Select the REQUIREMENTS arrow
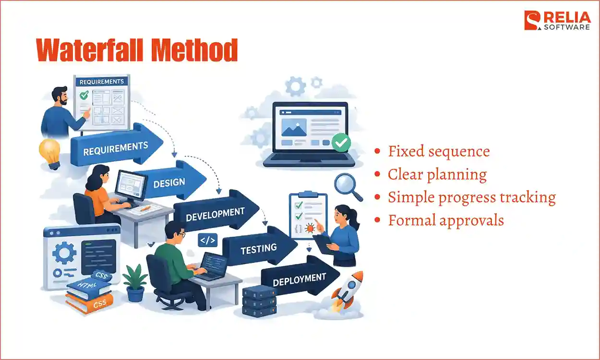(x=115, y=147)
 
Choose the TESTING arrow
(x=259, y=248)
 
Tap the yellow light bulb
(x=49, y=152)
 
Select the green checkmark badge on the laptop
(x=341, y=143)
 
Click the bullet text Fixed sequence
(x=439, y=151)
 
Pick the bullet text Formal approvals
(x=446, y=220)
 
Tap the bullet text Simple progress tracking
(x=471, y=197)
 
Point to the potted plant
(x=134, y=284)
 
